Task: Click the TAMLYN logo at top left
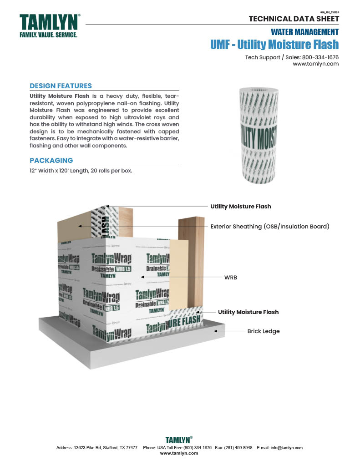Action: click(49, 25)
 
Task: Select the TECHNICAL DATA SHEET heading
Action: click(294, 19)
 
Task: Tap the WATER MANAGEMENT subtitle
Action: click(304, 32)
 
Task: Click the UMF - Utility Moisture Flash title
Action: click(274, 45)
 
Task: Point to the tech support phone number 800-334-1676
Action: click(320, 57)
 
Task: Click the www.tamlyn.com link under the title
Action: click(315, 64)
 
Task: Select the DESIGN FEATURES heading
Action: click(61, 86)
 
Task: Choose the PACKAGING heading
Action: click(51, 161)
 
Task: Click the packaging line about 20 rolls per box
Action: click(81, 171)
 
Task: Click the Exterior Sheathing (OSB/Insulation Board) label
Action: click(269, 226)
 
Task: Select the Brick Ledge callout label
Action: click(263, 331)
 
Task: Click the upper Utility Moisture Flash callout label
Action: click(240, 207)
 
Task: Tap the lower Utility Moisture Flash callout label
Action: click(248, 312)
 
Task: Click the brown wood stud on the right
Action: click(191, 255)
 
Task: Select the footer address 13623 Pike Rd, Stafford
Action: click(97, 448)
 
